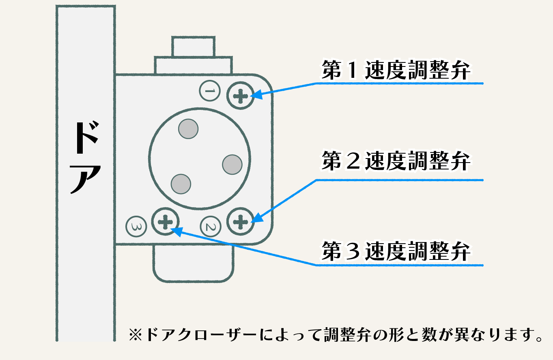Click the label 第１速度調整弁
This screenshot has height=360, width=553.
(x=396, y=71)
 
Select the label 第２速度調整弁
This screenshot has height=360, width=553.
(x=396, y=161)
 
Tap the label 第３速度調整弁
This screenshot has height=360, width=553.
(x=396, y=251)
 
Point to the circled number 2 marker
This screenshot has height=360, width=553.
(x=211, y=226)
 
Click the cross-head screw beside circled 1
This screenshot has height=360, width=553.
(x=241, y=96)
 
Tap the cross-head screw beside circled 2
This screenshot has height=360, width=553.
(x=241, y=221)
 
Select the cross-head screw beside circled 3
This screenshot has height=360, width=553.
(x=165, y=221)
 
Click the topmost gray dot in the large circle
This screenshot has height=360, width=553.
(x=188, y=129)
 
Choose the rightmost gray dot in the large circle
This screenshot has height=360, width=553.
(x=232, y=165)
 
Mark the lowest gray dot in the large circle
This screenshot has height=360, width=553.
(x=181, y=184)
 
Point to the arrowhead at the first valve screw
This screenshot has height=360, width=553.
(x=256, y=96)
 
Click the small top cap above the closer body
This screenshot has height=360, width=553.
(x=193, y=47)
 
